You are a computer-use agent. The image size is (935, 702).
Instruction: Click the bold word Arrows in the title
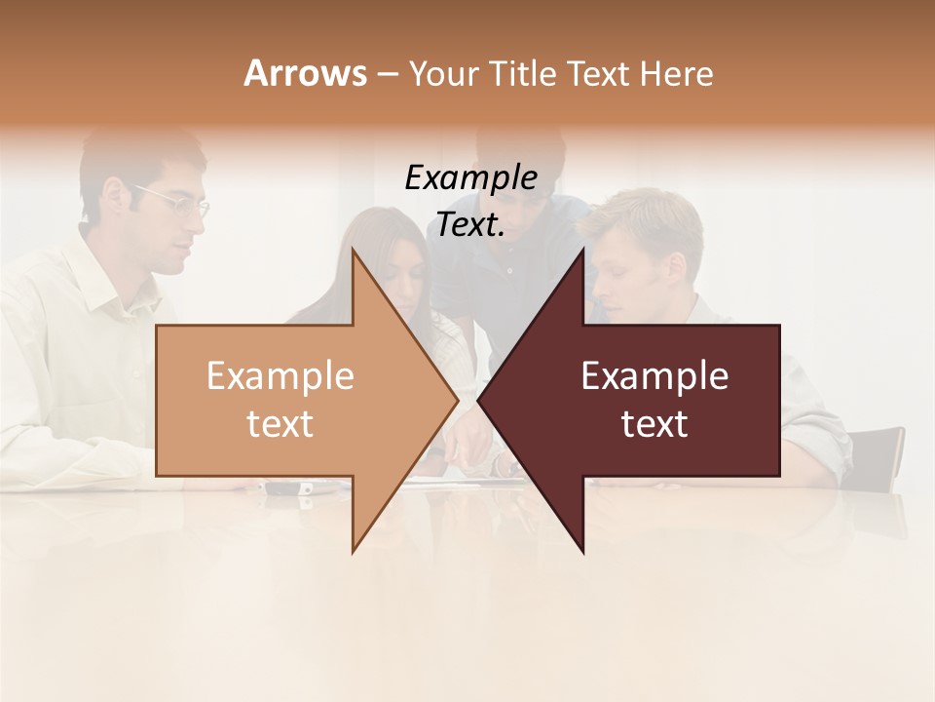click(305, 73)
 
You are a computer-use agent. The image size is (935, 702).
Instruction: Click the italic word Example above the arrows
click(470, 178)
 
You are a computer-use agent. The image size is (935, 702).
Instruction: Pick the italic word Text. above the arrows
click(470, 225)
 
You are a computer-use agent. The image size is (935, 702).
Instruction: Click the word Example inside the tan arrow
click(280, 376)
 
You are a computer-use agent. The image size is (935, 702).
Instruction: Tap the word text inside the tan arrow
click(280, 424)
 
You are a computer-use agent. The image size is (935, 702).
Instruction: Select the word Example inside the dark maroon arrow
click(654, 376)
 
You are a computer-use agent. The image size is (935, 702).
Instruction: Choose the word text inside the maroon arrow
click(654, 424)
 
